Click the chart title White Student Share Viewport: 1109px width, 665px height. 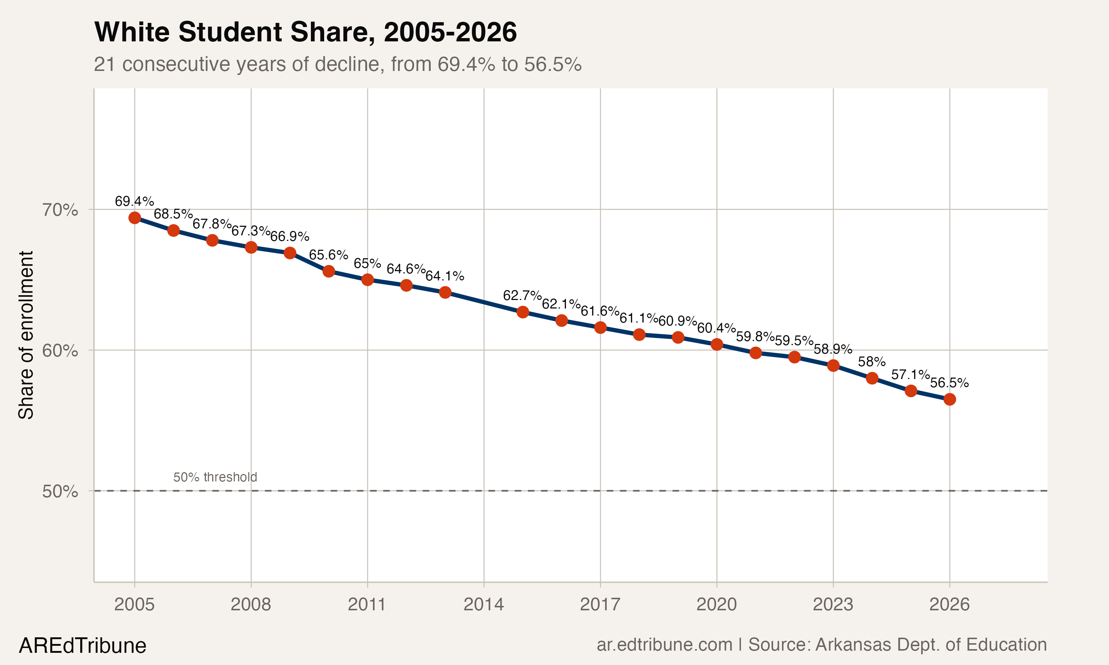point(305,32)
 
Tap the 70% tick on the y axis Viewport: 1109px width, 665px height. point(60,210)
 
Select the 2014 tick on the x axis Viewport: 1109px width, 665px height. point(483,604)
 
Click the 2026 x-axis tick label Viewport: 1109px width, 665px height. point(949,604)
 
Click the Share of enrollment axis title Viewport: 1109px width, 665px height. point(26,335)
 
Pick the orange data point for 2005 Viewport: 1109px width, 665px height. point(135,218)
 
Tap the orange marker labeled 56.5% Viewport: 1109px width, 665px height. point(949,399)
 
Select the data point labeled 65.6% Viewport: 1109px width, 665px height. point(329,271)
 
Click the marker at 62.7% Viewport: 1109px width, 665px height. point(523,312)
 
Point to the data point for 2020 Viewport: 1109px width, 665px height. point(717,344)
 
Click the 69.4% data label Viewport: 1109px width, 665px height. point(134,201)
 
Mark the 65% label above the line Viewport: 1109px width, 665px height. point(367,263)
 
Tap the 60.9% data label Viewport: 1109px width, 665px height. point(677,321)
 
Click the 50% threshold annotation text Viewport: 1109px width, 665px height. point(215,477)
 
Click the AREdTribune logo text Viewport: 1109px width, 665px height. point(82,646)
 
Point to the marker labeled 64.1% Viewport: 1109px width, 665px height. point(445,293)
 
